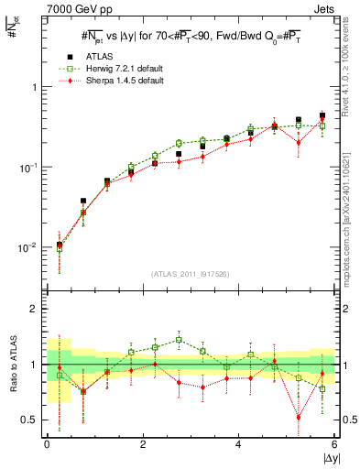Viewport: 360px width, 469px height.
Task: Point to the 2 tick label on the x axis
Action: pyautogui.click(x=143, y=444)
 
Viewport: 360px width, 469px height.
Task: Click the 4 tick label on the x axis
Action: pyautogui.click(x=239, y=444)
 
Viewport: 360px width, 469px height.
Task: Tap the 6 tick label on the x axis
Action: pyautogui.click(x=334, y=444)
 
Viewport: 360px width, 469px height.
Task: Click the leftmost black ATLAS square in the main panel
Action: pyautogui.click(x=60, y=245)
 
